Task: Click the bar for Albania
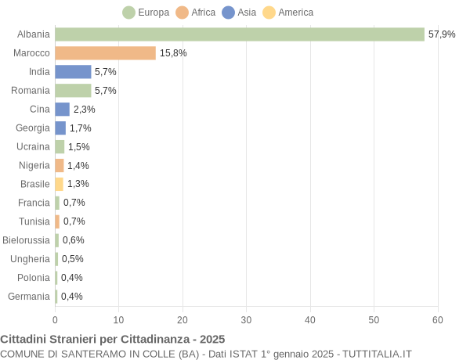point(239,34)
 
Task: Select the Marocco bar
point(105,53)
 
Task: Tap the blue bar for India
point(73,72)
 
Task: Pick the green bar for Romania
point(73,91)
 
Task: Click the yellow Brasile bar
point(59,184)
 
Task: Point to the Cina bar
point(62,110)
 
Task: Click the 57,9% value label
point(442,34)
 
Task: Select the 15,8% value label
point(173,53)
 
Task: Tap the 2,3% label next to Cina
point(84,110)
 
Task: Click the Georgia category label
point(33,128)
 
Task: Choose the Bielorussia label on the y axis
point(26,240)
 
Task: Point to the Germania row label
point(29,297)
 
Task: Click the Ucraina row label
point(33,146)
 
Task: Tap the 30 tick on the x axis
point(246,320)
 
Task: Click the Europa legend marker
point(129,13)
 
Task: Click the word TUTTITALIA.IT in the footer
point(374,354)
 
